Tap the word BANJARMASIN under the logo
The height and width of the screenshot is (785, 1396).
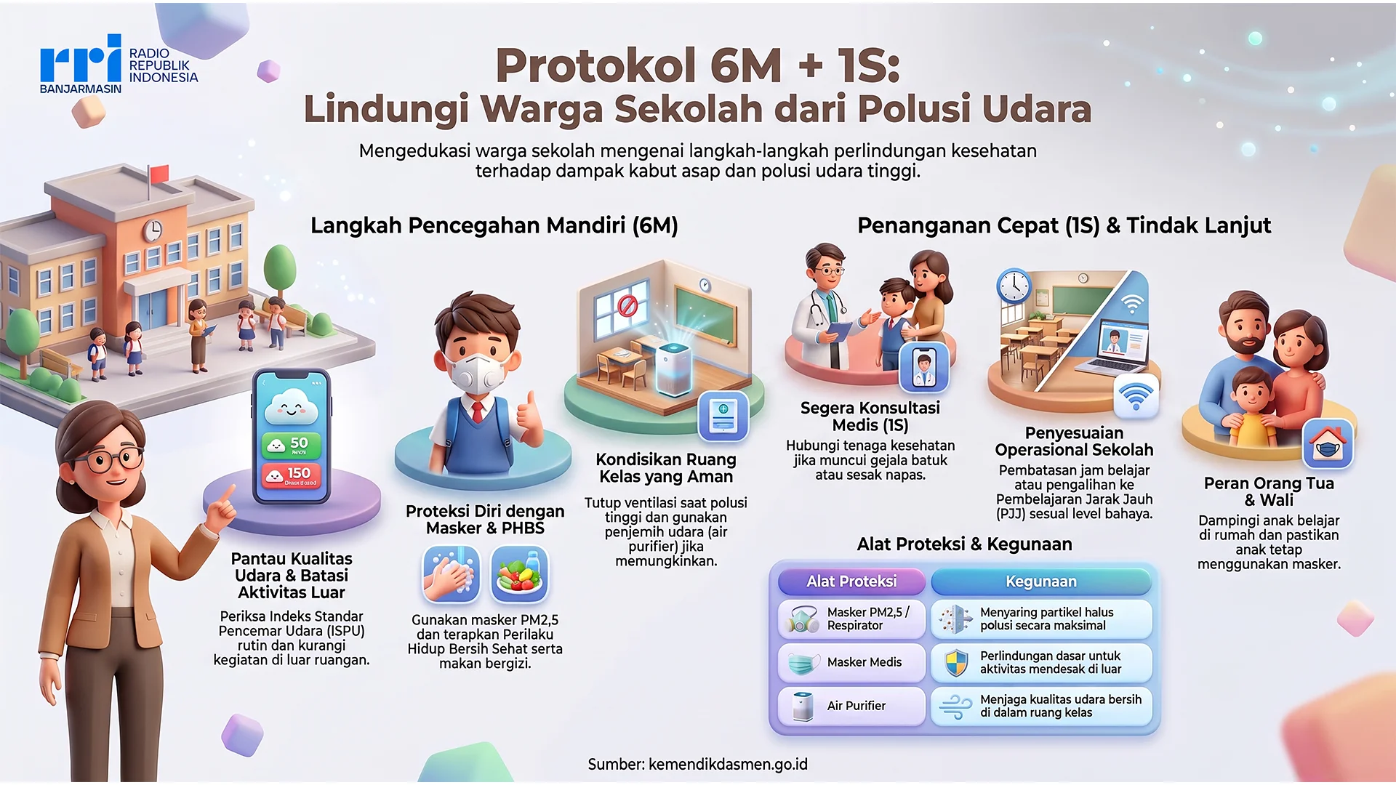coord(81,89)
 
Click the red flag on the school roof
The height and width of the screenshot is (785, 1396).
coord(158,174)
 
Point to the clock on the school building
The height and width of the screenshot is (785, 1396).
coord(152,230)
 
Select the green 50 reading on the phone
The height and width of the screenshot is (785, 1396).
coord(290,444)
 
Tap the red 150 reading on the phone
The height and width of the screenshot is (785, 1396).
coord(290,475)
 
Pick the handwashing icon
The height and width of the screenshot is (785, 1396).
coord(451,574)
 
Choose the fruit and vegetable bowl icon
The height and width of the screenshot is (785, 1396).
coord(519,574)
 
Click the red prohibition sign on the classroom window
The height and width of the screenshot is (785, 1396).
coord(627,305)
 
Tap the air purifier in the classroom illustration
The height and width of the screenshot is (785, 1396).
coord(673,368)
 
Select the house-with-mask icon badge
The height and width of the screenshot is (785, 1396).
coord(1328,443)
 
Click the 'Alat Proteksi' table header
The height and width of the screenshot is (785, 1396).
coord(851,581)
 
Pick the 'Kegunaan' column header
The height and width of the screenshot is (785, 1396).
coord(1041,581)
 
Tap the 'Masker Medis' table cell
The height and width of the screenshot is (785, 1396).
coord(851,662)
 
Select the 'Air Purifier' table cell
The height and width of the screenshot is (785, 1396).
coord(851,706)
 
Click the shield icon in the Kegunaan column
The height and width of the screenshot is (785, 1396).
coord(956,662)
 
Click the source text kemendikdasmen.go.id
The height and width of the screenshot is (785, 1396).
coord(728,765)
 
